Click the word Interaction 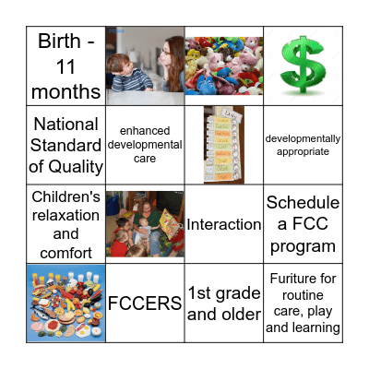tap(224, 224)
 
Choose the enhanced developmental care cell tap(145, 145)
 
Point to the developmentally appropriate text tap(303, 145)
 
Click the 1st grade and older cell tap(224, 303)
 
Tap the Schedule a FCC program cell tap(303, 224)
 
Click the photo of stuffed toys tap(224, 65)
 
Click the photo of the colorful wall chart tap(222, 145)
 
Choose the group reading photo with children tap(145, 224)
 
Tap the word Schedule tap(303, 203)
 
